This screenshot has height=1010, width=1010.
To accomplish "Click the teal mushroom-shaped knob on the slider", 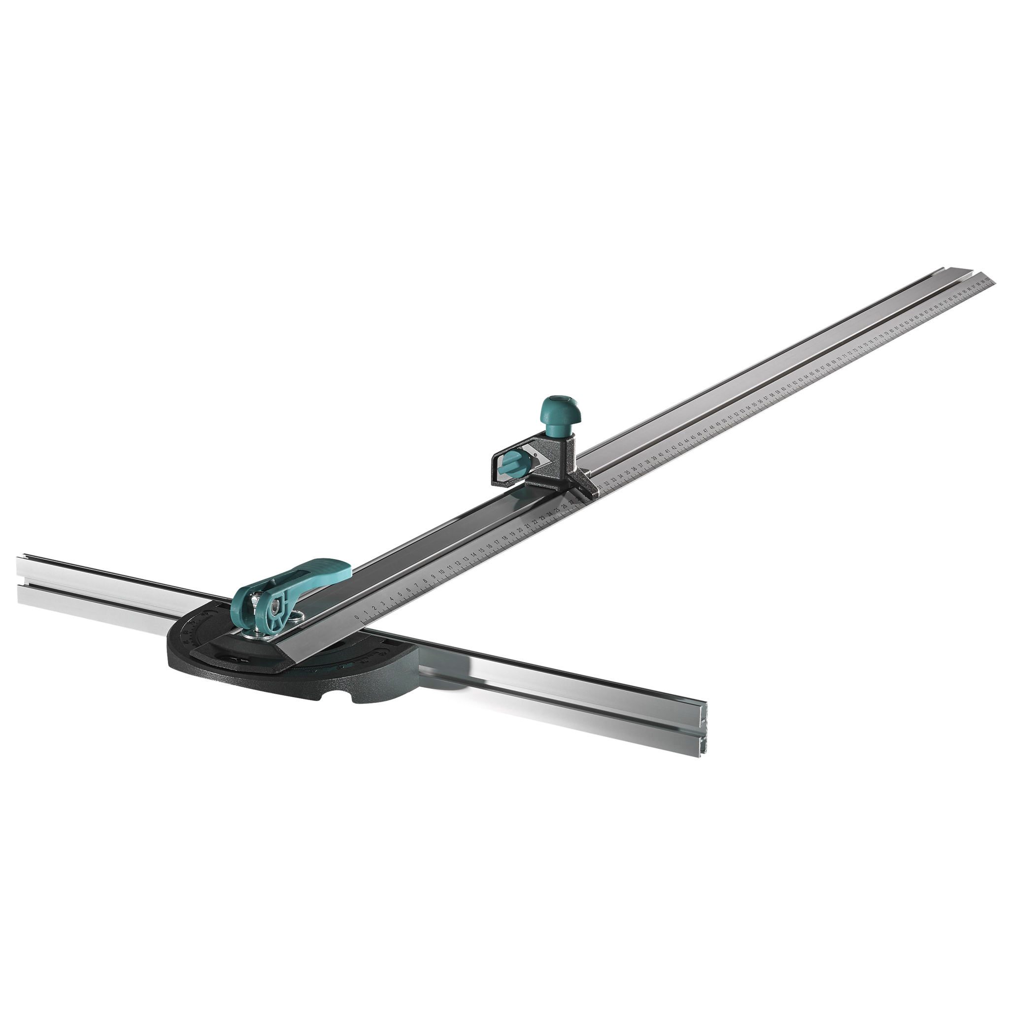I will pyautogui.click(x=555, y=412).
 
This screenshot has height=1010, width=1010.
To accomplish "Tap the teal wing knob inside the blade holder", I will pyautogui.click(x=512, y=463).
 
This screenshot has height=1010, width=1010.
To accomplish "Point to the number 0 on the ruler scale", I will pyautogui.click(x=357, y=617).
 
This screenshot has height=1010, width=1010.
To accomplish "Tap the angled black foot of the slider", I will pyautogui.click(x=580, y=489).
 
